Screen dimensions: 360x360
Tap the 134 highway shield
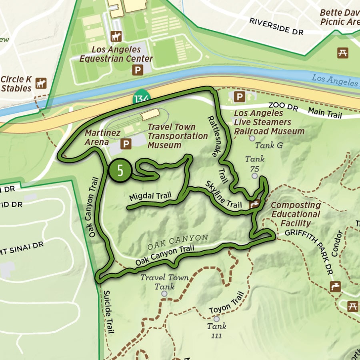(142, 98)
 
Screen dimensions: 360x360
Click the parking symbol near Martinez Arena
(127, 144)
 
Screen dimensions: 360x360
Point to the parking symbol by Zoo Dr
(239, 97)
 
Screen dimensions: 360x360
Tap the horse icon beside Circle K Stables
(41, 83)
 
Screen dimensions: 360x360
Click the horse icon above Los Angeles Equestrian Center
(116, 36)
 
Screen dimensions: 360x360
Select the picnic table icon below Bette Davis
(342, 52)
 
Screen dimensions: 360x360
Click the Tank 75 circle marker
(255, 176)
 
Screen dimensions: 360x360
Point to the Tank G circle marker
(252, 138)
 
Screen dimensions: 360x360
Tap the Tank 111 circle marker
(216, 319)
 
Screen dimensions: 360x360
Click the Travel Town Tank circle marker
(164, 294)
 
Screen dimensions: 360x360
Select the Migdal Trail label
(150, 196)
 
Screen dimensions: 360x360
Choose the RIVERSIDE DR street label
(276, 26)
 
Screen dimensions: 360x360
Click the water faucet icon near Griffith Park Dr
(335, 286)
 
